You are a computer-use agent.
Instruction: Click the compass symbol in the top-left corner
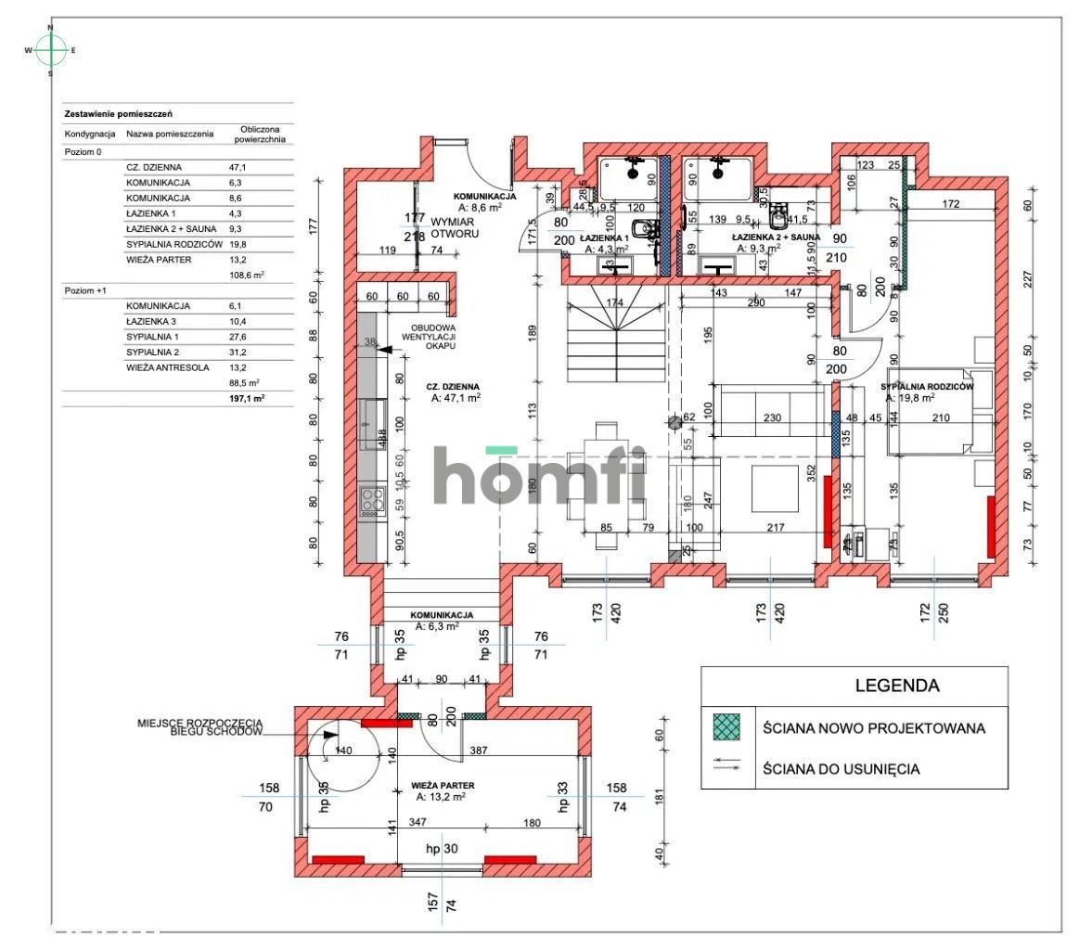click(51, 50)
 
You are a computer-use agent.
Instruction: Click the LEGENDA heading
click(896, 687)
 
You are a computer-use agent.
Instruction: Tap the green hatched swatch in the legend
click(727, 728)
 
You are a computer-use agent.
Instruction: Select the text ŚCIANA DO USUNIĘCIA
click(841, 769)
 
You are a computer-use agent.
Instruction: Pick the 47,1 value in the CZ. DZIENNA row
click(238, 167)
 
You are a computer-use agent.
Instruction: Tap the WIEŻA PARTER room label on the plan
click(438, 785)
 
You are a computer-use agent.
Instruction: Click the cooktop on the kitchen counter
click(371, 501)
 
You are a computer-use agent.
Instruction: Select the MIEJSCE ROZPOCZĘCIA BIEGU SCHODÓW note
click(199, 726)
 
